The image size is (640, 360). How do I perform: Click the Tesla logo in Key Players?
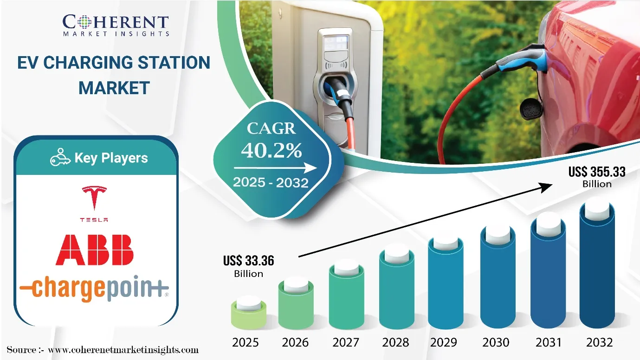click(94, 203)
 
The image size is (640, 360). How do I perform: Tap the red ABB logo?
click(95, 250)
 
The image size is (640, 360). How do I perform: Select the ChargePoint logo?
click(94, 288)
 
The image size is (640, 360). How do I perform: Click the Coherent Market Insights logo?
click(116, 25)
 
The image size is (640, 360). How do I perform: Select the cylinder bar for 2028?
click(396, 289)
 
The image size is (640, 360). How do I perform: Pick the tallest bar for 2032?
click(597, 265)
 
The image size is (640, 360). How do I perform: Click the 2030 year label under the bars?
click(496, 342)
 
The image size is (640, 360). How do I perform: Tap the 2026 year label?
click(295, 342)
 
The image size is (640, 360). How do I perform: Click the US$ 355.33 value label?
click(597, 177)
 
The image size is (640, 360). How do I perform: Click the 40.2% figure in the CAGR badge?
click(271, 150)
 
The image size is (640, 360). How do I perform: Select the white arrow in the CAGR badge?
click(275, 168)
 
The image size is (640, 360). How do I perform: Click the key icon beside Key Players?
click(60, 157)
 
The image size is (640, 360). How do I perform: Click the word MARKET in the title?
click(114, 88)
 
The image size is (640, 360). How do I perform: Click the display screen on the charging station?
click(336, 43)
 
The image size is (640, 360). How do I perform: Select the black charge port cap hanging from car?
click(531, 109)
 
